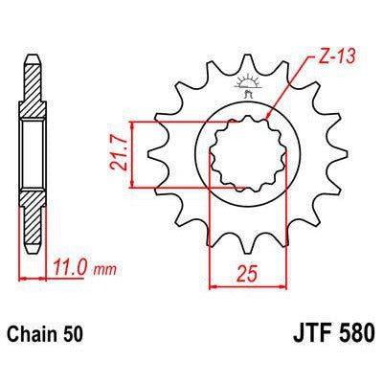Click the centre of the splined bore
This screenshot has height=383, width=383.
238,153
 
